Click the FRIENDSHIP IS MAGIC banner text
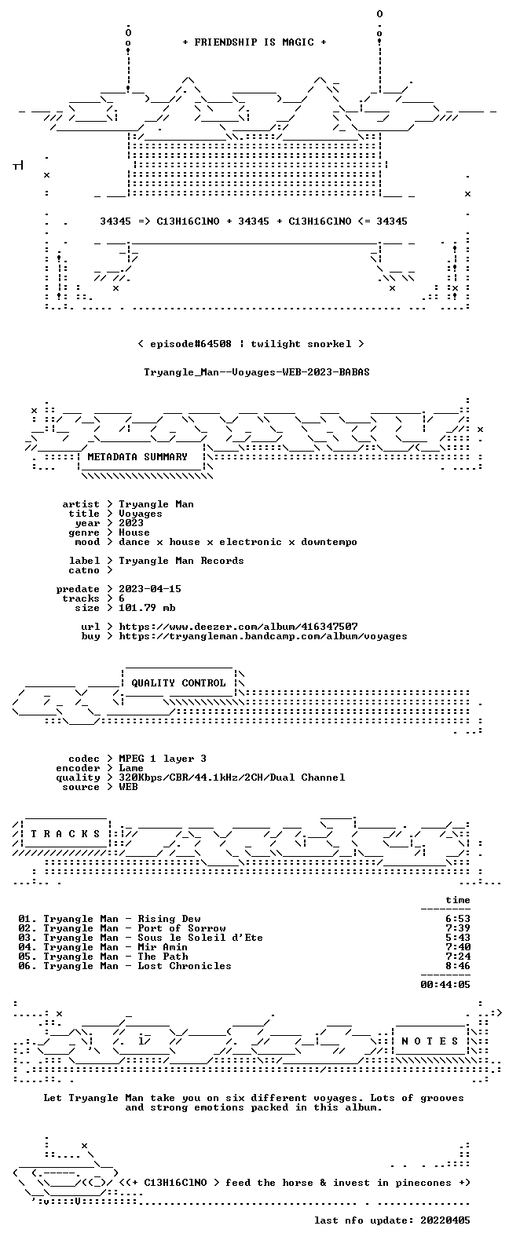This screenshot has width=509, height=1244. point(255,42)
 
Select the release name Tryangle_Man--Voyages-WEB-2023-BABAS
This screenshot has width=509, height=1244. point(257,372)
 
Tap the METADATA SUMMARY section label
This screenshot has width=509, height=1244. point(137,457)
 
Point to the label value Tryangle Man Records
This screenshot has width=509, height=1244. point(181,561)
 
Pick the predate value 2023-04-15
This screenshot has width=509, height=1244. point(150,589)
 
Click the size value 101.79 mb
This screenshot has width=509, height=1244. point(147,608)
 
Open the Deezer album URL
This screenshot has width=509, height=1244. point(238,627)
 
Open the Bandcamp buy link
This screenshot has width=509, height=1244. point(263,636)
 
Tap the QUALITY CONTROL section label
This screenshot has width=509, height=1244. point(178,683)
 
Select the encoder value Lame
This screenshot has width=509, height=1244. point(131,768)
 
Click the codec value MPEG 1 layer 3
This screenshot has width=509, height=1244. point(163,759)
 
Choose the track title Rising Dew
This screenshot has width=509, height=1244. point(169,919)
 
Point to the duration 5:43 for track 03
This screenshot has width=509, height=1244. point(458,938)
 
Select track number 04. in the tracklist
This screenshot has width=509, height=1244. point(27,947)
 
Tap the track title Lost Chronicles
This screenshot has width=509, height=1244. point(185,966)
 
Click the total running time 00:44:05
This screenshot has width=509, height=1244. point(445,985)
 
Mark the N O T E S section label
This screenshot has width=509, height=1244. point(430,1041)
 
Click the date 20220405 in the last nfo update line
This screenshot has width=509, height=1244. point(445,1220)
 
